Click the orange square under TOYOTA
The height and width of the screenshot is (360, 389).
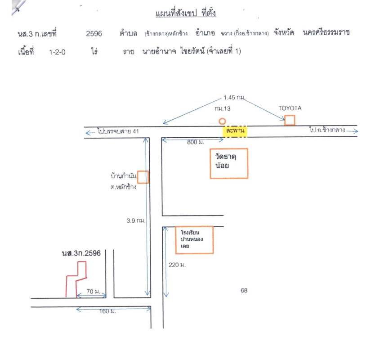point(290,120)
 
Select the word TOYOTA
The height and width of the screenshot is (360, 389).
point(290,108)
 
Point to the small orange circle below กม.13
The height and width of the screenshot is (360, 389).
point(222,121)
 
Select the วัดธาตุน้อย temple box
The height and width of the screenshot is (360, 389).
point(229,163)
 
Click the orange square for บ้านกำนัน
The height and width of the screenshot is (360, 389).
point(143,177)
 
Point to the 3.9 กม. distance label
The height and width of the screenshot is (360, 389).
point(136,221)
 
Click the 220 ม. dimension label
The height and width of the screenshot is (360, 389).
point(177,265)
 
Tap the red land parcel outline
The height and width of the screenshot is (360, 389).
point(76,280)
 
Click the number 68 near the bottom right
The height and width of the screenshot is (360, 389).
point(244,291)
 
